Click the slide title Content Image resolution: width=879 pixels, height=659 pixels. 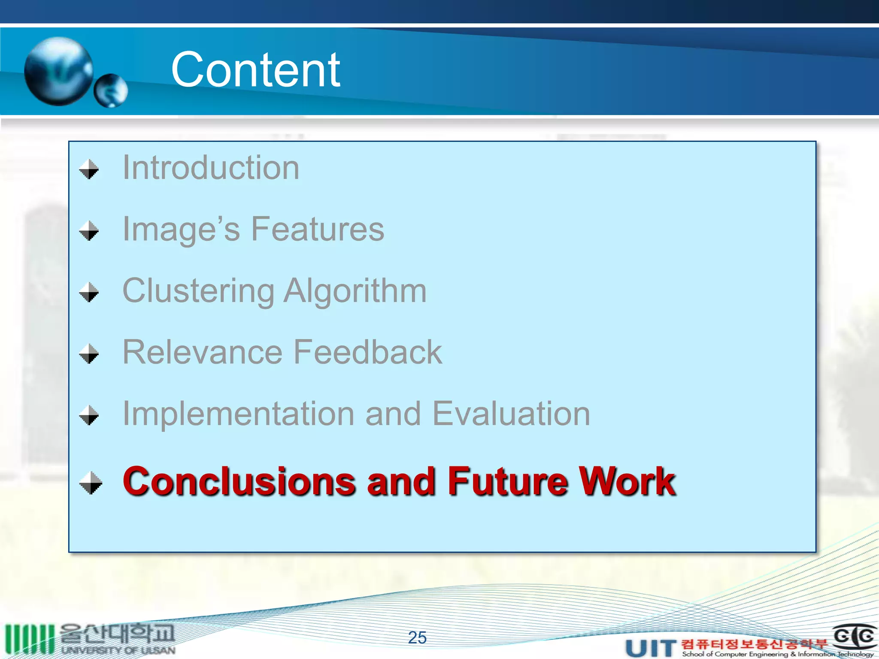(255, 70)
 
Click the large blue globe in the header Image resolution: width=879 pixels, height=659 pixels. (59, 71)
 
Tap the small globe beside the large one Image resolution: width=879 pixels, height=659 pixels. (111, 91)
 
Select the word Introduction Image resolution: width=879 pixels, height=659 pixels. (211, 167)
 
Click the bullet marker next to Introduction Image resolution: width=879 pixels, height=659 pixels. (89, 169)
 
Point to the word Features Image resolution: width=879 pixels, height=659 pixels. (317, 229)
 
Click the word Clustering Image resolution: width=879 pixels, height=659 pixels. (198, 291)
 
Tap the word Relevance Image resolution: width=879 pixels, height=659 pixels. (202, 352)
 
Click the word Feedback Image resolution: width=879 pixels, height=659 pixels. (368, 352)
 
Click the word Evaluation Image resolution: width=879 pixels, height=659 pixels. (511, 414)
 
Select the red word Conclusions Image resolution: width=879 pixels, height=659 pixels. (239, 481)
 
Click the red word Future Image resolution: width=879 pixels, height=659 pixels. (507, 481)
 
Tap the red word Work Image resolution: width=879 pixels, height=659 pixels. (627, 481)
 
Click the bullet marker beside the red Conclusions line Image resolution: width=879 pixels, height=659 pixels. (91, 483)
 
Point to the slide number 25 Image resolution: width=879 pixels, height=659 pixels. (417, 638)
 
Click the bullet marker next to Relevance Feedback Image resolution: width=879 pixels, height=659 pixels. (89, 354)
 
